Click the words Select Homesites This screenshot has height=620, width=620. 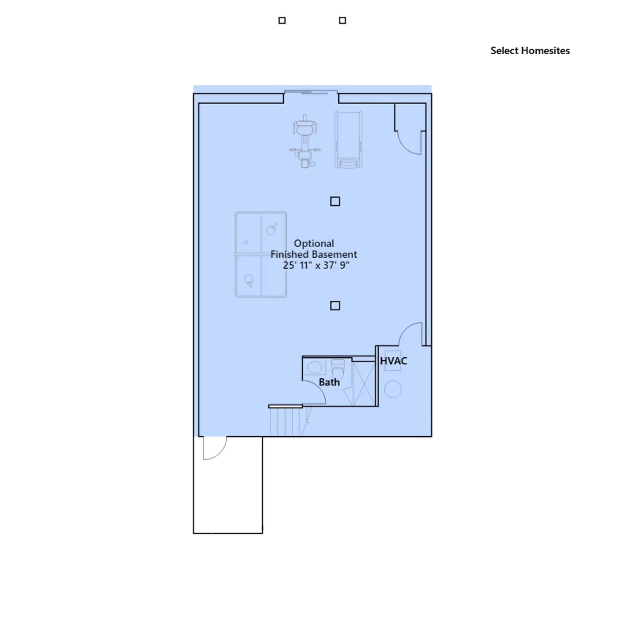[x=530, y=51]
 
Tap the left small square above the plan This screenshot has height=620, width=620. [x=282, y=21]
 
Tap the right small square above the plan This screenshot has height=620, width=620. [x=343, y=21]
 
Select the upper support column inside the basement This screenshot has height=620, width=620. [x=335, y=201]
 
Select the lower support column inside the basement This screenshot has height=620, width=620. [x=335, y=306]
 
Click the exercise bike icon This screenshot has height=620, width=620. [x=305, y=141]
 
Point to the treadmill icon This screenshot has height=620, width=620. [x=349, y=139]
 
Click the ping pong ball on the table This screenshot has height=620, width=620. [x=246, y=243]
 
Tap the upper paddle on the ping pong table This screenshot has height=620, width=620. [x=272, y=229]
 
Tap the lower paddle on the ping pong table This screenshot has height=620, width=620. [x=249, y=281]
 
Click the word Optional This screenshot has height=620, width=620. [x=314, y=243]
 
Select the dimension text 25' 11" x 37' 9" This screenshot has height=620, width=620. [x=316, y=265]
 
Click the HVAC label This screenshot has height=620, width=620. [x=394, y=361]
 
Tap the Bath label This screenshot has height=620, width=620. [x=329, y=382]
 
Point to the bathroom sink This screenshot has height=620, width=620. [x=315, y=367]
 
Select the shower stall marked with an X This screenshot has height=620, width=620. [x=363, y=384]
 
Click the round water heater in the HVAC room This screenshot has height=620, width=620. [x=393, y=389]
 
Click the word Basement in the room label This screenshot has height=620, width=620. [x=335, y=255]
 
